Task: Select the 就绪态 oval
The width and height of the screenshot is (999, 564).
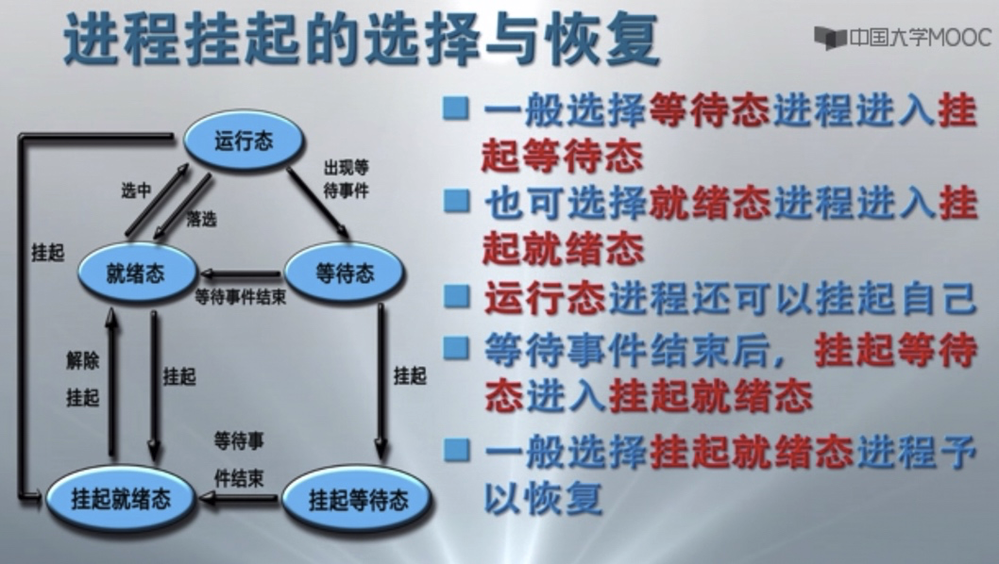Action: click(x=136, y=274)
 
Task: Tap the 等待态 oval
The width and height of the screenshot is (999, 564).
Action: click(x=344, y=274)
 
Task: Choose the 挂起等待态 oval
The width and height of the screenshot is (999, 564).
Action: click(x=358, y=499)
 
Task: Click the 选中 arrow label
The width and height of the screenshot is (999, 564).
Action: click(x=136, y=190)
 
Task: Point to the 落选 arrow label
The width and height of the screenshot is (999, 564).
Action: click(x=201, y=219)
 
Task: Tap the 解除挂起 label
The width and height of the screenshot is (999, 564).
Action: click(x=82, y=378)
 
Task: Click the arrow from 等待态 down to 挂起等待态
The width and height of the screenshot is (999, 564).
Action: click(x=382, y=377)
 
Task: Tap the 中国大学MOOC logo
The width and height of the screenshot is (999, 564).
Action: click(x=902, y=38)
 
